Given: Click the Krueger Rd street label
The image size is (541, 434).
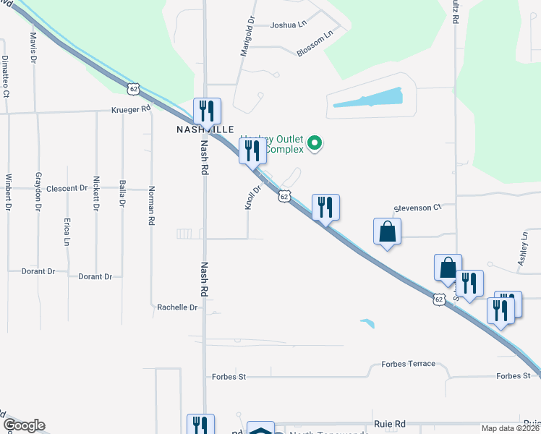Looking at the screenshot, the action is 130,109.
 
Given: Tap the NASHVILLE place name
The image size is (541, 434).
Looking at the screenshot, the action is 206,129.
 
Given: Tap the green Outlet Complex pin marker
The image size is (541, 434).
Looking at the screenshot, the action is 315,143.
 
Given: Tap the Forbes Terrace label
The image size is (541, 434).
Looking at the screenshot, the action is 409,364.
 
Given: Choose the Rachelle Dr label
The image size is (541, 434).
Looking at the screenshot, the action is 177,307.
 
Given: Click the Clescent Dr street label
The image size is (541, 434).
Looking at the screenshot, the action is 67,188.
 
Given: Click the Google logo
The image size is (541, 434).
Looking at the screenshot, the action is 24,425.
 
